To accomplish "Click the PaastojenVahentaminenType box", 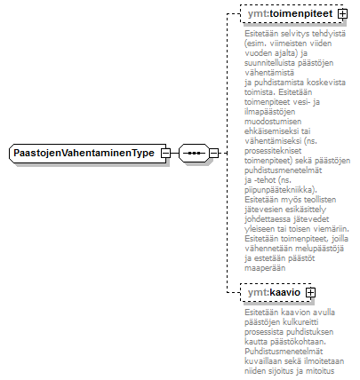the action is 88,154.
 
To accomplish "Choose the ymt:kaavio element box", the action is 276,292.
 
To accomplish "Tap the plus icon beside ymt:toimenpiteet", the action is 342,13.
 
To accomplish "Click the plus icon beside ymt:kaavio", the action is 310,292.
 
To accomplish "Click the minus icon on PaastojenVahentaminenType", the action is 165,154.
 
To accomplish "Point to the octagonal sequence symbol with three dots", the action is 194,154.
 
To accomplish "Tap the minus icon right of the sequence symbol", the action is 213,154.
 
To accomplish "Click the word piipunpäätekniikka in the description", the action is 280,190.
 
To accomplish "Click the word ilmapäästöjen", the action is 270,112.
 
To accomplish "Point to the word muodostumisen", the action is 268,122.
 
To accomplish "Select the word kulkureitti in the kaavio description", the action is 300,321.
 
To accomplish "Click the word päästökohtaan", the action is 298,342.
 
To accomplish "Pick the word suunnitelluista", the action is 270,63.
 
